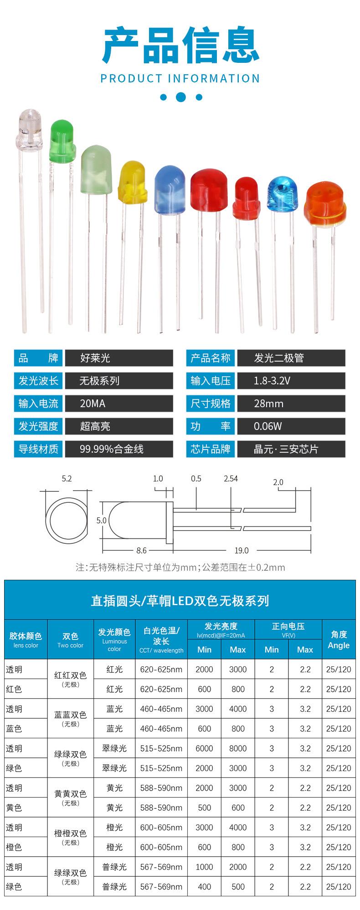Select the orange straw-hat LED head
325,204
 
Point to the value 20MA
93,403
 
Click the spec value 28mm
268,403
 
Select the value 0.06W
267,426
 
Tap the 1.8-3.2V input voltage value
272,380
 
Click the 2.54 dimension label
231,478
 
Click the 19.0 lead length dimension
242,550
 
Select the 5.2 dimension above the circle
67,478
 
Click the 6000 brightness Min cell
204,748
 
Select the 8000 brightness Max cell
238,748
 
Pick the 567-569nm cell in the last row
161,886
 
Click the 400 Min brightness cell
204,886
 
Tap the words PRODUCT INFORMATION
180,78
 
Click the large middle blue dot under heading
181,97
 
